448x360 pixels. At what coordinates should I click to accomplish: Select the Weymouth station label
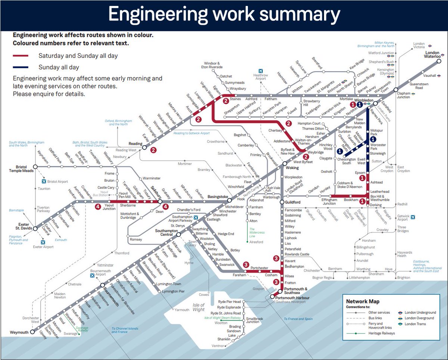[19, 332]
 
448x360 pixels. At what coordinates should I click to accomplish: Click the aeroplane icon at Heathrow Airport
[261, 71]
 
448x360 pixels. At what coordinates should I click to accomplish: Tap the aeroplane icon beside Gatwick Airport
[413, 216]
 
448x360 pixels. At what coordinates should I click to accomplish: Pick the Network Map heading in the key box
[363, 301]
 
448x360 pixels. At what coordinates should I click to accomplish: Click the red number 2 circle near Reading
[153, 150]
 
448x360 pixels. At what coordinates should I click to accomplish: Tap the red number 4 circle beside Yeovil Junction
[98, 206]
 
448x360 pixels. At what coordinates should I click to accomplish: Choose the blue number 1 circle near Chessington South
[340, 151]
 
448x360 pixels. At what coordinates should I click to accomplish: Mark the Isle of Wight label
[198, 307]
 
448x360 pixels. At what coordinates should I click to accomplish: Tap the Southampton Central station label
[165, 233]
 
